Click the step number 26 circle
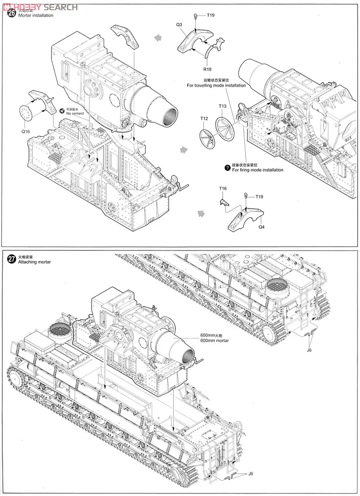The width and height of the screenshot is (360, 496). [x=11, y=14]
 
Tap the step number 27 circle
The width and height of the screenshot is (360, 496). [x=11, y=259]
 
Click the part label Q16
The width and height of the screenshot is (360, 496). [x=26, y=131]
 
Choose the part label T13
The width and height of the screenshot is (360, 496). [x=222, y=106]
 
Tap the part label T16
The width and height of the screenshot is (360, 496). [x=223, y=188]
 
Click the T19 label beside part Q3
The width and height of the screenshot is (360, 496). [x=211, y=15]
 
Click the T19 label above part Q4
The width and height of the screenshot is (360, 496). [x=259, y=196]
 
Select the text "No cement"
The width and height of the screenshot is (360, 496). [x=75, y=114]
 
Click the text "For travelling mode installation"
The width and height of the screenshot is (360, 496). [x=216, y=86]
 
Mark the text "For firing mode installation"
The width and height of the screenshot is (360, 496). [x=257, y=170]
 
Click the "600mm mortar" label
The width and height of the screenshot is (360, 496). [x=214, y=341]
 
